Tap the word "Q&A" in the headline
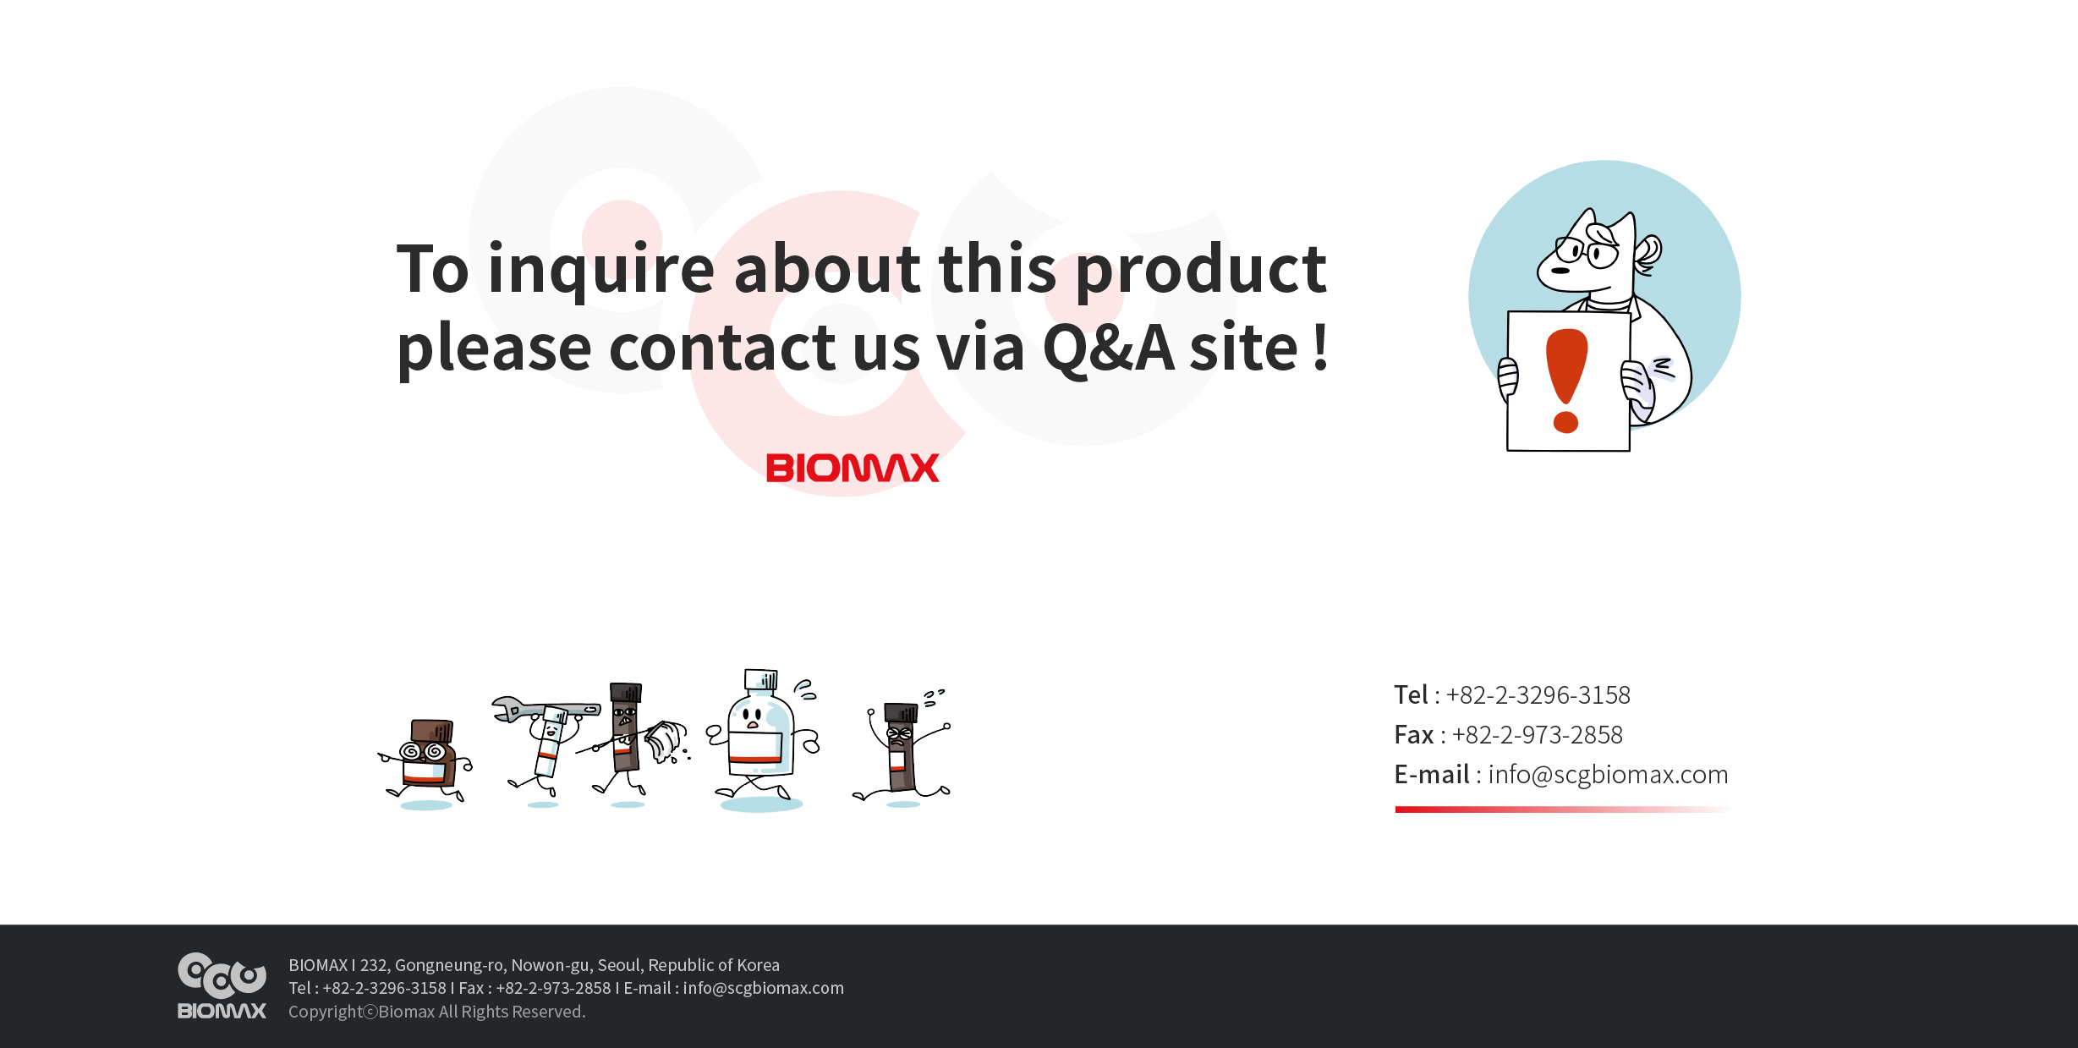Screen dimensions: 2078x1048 click(1109, 348)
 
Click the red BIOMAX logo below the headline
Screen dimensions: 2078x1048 click(853, 468)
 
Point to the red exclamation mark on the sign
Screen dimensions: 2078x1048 click(1566, 381)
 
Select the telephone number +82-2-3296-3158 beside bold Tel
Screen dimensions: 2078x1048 click(1538, 695)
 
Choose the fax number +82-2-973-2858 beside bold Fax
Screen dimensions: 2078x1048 click(1537, 735)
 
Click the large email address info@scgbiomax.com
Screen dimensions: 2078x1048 click(1608, 775)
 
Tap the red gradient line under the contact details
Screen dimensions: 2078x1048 click(1563, 809)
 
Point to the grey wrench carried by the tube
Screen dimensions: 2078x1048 click(546, 709)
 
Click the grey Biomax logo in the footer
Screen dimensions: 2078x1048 click(222, 985)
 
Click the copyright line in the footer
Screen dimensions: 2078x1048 click(436, 1012)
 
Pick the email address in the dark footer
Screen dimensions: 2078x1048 click(763, 988)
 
